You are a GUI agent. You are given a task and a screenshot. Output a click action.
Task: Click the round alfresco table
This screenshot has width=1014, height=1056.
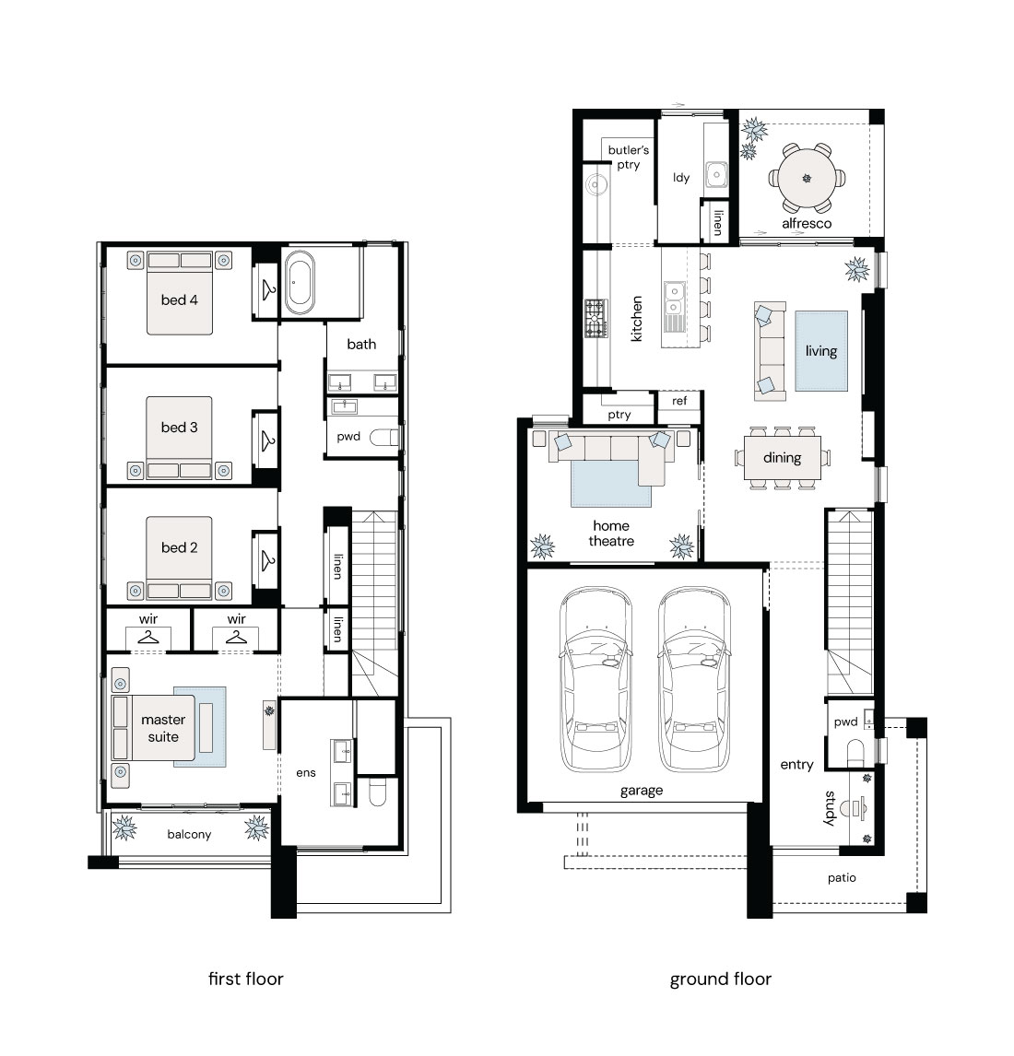point(807,179)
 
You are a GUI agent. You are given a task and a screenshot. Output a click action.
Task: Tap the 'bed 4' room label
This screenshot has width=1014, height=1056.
point(179,300)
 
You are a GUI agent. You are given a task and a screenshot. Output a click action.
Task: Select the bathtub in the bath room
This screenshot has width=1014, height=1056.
point(299,283)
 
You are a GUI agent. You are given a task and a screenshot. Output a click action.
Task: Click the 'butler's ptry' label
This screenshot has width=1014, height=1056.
point(628,157)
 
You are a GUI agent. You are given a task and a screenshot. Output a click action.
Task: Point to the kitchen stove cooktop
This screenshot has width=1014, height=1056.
point(595,319)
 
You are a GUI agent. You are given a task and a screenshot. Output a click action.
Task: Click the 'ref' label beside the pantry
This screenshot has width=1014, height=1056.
point(679,401)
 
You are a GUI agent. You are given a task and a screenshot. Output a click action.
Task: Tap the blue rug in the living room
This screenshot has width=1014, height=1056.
point(820,351)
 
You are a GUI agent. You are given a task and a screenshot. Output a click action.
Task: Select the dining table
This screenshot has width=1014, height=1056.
point(783,458)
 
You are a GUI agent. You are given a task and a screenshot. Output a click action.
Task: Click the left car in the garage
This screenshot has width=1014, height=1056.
point(595,679)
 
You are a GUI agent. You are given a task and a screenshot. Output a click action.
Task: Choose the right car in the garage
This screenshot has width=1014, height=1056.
point(694,679)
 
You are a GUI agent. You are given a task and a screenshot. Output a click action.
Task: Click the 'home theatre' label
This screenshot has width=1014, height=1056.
point(611,534)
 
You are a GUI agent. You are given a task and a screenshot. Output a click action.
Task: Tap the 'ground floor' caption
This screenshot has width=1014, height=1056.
point(720,980)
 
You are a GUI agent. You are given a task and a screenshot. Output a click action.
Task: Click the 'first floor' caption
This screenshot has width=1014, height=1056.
point(246,979)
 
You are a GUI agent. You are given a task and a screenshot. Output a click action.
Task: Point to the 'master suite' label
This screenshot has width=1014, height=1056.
point(163,728)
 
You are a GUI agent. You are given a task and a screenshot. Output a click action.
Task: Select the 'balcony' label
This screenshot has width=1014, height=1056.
point(189,835)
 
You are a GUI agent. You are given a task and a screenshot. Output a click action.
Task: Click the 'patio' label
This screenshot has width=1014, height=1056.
point(842,878)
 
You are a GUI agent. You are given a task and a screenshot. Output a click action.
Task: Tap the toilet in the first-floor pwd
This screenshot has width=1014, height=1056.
point(384,438)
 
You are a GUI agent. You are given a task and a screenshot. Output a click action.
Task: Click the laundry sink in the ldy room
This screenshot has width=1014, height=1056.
point(716,174)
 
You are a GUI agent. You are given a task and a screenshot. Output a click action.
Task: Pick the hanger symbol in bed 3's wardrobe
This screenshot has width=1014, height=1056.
point(268,440)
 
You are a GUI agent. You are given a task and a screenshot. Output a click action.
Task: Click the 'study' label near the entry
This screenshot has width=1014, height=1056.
point(830,808)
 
